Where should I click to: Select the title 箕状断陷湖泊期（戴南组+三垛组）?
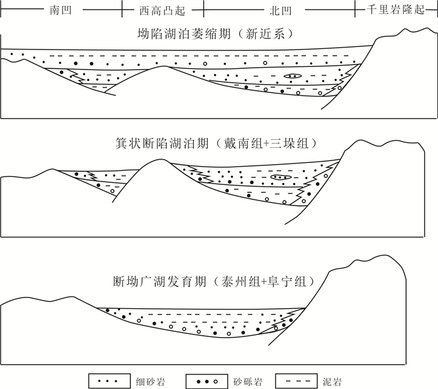click(219, 143)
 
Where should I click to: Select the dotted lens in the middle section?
click(280, 178)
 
